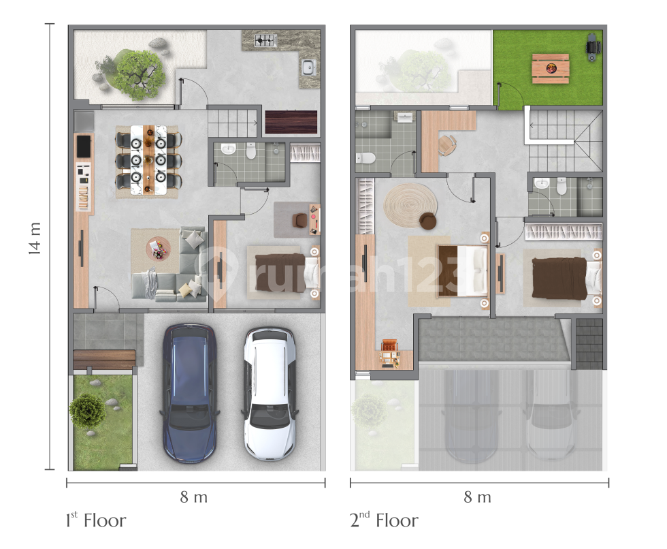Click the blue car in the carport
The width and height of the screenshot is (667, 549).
tap(190, 393)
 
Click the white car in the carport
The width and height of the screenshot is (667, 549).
tap(270, 393)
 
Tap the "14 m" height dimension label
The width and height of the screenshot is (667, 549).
tap(35, 238)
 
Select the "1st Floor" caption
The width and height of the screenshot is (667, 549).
tap(96, 520)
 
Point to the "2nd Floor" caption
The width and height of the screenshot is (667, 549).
tap(384, 520)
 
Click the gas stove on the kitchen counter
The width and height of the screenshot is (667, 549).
tap(265, 40)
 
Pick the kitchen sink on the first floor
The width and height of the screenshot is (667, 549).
tap(308, 67)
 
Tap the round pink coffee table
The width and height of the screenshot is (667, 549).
tap(158, 249)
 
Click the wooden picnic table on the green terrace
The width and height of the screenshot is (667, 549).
tap(551, 68)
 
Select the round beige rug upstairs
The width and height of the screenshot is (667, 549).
tap(410, 205)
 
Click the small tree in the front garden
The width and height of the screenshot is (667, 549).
tap(87, 410)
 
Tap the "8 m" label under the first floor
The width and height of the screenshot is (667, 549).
tap(193, 497)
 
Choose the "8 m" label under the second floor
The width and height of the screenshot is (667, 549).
tap(477, 497)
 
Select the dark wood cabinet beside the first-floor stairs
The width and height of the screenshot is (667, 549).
tap(291, 122)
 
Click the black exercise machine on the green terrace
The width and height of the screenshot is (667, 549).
tap(593, 47)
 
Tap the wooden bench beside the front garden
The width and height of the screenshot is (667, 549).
tap(104, 360)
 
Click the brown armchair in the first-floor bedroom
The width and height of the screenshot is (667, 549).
tap(300, 219)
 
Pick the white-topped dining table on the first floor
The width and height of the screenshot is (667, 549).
tap(148, 159)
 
